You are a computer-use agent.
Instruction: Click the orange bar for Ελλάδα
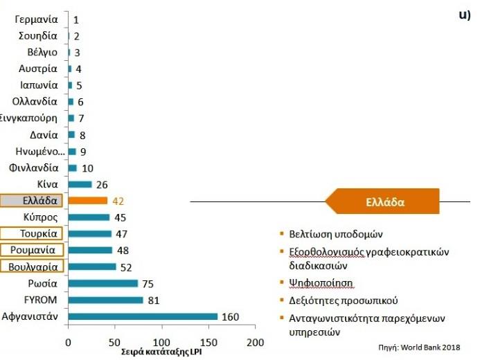pos(88,201)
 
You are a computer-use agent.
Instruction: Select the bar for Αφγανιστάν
pos(143,316)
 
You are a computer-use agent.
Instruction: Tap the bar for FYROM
pos(105,300)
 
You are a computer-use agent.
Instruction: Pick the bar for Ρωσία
pos(103,283)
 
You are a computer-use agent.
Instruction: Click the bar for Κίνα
pos(80,184)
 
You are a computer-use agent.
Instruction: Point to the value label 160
pos(231,317)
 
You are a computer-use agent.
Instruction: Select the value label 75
pos(148,284)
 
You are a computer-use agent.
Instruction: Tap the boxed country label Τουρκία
pos(32,233)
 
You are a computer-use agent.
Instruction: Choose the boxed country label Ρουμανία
pos(32,250)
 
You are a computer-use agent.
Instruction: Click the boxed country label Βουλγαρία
pos(32,267)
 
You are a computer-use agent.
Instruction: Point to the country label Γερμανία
pos(35,19)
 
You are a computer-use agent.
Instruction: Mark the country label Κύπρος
pos(39,217)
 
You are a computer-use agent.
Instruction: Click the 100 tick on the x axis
pos(162,343)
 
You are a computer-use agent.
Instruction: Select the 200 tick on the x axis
pos(256,343)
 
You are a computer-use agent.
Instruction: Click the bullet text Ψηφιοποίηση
pos(322,283)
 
